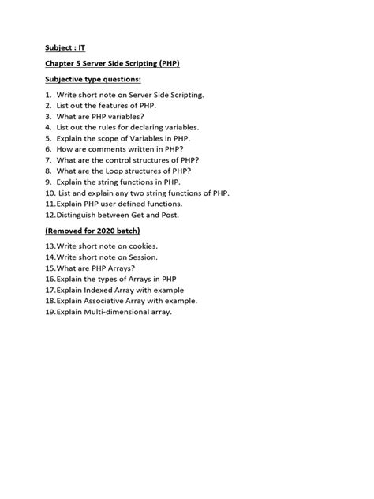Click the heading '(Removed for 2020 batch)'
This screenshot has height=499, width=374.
92,231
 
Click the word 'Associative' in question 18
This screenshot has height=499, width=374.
112,301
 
